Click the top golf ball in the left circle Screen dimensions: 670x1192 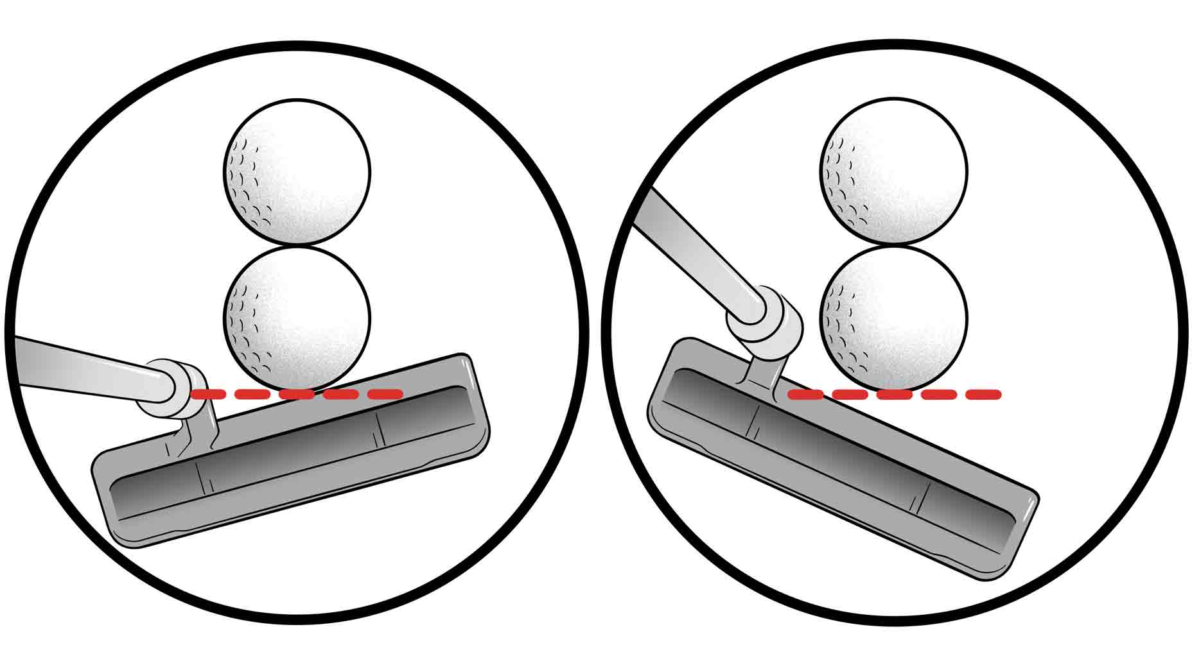point(297,172)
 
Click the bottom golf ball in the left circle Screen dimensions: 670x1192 point(297,318)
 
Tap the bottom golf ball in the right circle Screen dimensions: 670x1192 point(893,318)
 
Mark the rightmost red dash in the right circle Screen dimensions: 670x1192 point(983,394)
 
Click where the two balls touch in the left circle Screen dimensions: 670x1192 point(297,245)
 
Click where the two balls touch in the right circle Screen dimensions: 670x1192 point(893,245)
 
